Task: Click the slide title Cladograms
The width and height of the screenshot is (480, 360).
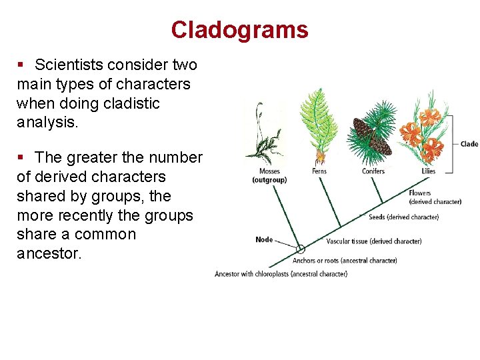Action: tap(239, 30)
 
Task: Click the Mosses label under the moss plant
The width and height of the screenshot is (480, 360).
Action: tap(269, 171)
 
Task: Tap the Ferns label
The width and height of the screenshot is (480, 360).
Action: tap(319, 171)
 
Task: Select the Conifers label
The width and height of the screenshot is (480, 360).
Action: tap(373, 171)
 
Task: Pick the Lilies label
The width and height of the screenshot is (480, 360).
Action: tap(428, 171)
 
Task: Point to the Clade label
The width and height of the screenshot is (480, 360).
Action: tap(469, 144)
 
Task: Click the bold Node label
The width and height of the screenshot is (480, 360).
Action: tap(264, 239)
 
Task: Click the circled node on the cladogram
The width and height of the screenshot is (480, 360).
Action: tap(301, 249)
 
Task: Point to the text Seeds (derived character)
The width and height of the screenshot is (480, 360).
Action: tap(403, 217)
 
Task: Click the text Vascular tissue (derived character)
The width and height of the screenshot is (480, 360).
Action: tap(373, 241)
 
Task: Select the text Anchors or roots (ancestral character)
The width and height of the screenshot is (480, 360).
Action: tap(345, 261)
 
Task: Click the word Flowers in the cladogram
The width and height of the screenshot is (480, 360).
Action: tap(420, 193)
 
